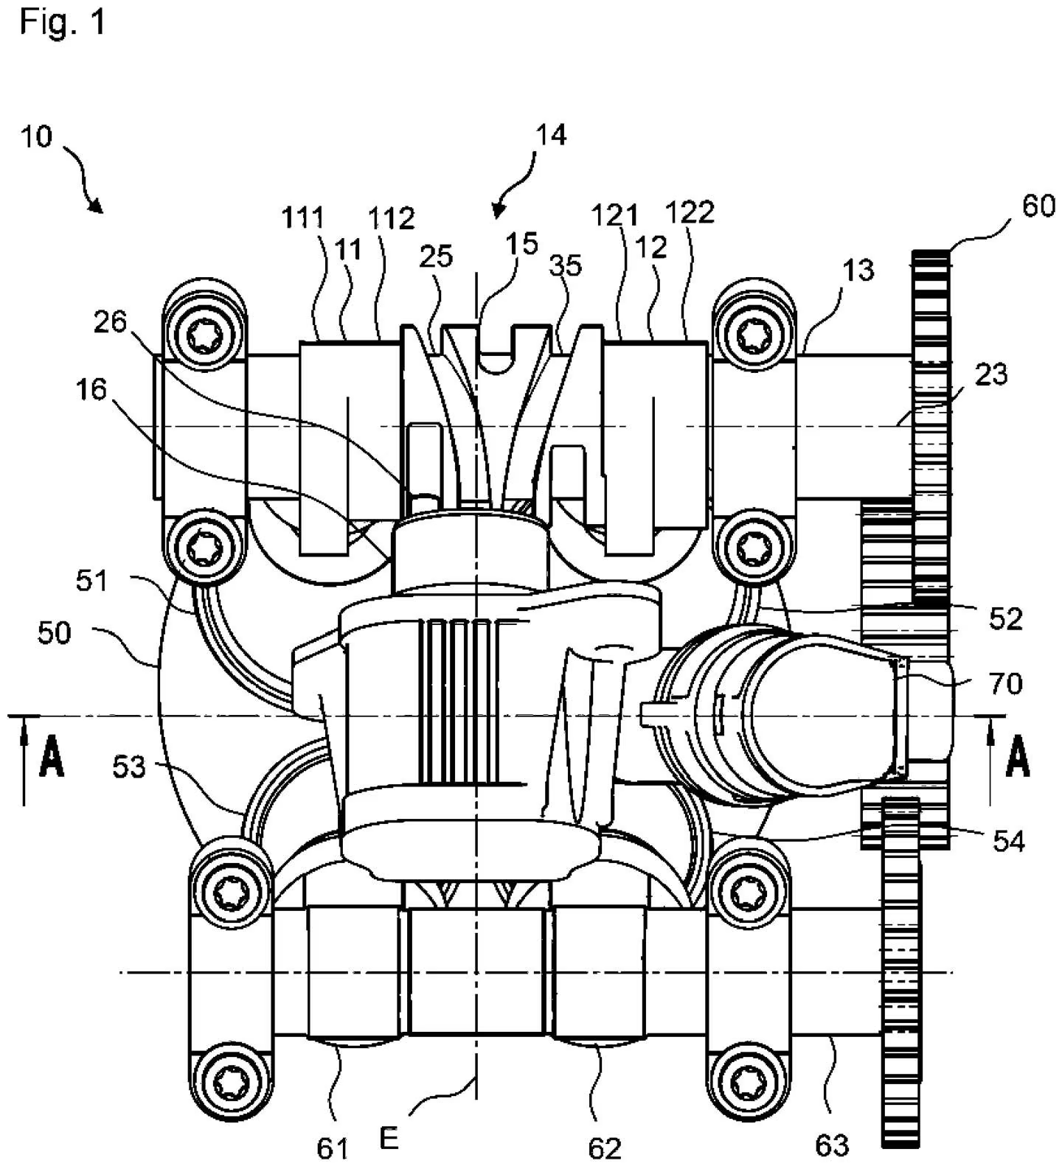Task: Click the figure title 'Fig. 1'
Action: pos(62,22)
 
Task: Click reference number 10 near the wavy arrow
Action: pos(36,137)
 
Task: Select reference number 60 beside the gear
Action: pos(1038,206)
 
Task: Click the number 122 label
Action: pos(690,212)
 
